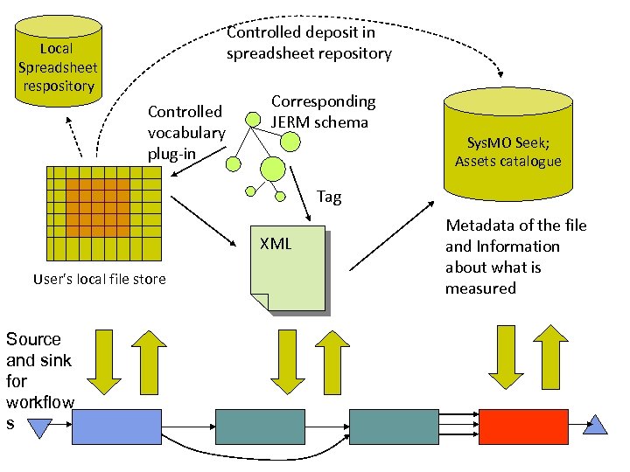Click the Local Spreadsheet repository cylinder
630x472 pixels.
(x=58, y=66)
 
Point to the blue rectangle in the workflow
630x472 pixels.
(x=116, y=427)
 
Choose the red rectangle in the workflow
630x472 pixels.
(x=522, y=427)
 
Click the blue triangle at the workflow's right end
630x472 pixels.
(x=596, y=426)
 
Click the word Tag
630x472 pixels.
(x=329, y=197)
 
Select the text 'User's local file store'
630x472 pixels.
(x=99, y=280)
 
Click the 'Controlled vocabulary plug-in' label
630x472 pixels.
(x=186, y=133)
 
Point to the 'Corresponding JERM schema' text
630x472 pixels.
(x=323, y=112)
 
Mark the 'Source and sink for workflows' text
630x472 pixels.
(x=39, y=381)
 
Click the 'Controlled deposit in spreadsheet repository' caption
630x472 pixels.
(x=309, y=43)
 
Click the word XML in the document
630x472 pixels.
(x=276, y=244)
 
